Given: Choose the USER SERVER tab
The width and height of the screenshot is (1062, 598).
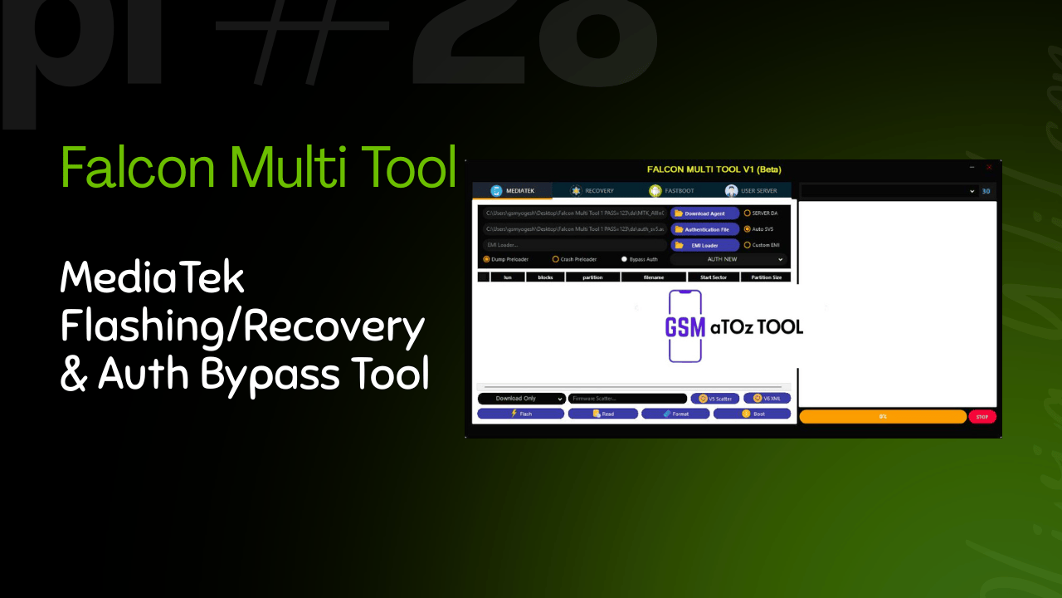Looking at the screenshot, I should (751, 191).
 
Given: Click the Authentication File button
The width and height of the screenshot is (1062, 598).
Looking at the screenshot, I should (704, 229).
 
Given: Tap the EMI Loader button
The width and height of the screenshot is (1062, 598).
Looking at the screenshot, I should (704, 245).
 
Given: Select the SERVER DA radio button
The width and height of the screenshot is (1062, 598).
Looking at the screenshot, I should (748, 213).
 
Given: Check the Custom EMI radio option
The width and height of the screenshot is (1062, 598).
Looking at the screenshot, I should (748, 245).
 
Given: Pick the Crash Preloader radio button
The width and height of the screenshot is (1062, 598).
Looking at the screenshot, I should (556, 259).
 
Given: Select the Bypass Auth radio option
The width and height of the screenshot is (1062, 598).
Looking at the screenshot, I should (625, 259).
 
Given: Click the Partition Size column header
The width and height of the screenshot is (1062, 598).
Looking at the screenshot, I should (766, 277).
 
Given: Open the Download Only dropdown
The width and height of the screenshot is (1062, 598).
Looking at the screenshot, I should (521, 399).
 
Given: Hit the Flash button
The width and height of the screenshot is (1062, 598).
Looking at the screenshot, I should (520, 414).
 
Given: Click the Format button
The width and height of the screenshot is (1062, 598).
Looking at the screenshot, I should (675, 414).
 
